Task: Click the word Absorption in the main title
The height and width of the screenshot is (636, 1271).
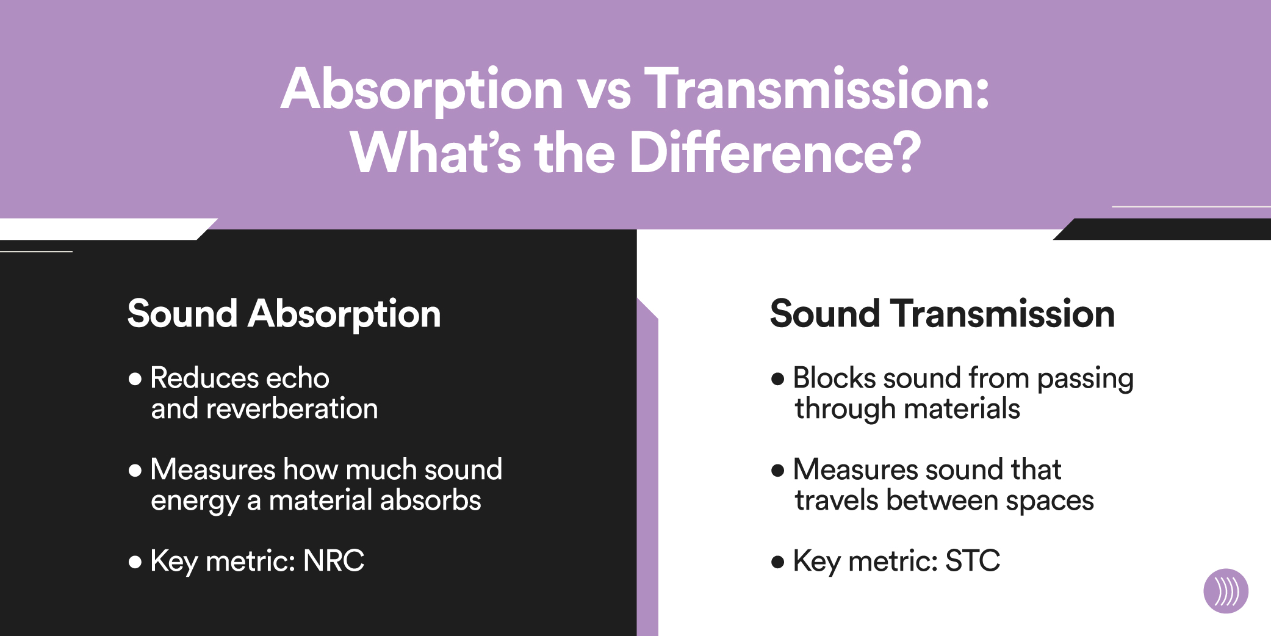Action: click(422, 90)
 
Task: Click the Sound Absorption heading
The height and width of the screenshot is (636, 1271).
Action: click(284, 314)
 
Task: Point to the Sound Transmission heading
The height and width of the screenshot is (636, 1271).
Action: click(942, 314)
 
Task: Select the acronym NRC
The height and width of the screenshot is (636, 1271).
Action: click(334, 560)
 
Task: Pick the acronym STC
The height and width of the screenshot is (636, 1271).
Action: click(973, 560)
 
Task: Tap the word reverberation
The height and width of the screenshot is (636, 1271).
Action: click(292, 408)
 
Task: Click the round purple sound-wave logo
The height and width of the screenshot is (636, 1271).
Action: click(1226, 591)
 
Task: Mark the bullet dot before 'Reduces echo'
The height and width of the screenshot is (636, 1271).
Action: click(135, 379)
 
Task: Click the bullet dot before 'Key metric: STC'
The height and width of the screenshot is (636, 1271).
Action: click(777, 562)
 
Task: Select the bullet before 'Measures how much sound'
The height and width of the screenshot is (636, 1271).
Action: click(135, 471)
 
